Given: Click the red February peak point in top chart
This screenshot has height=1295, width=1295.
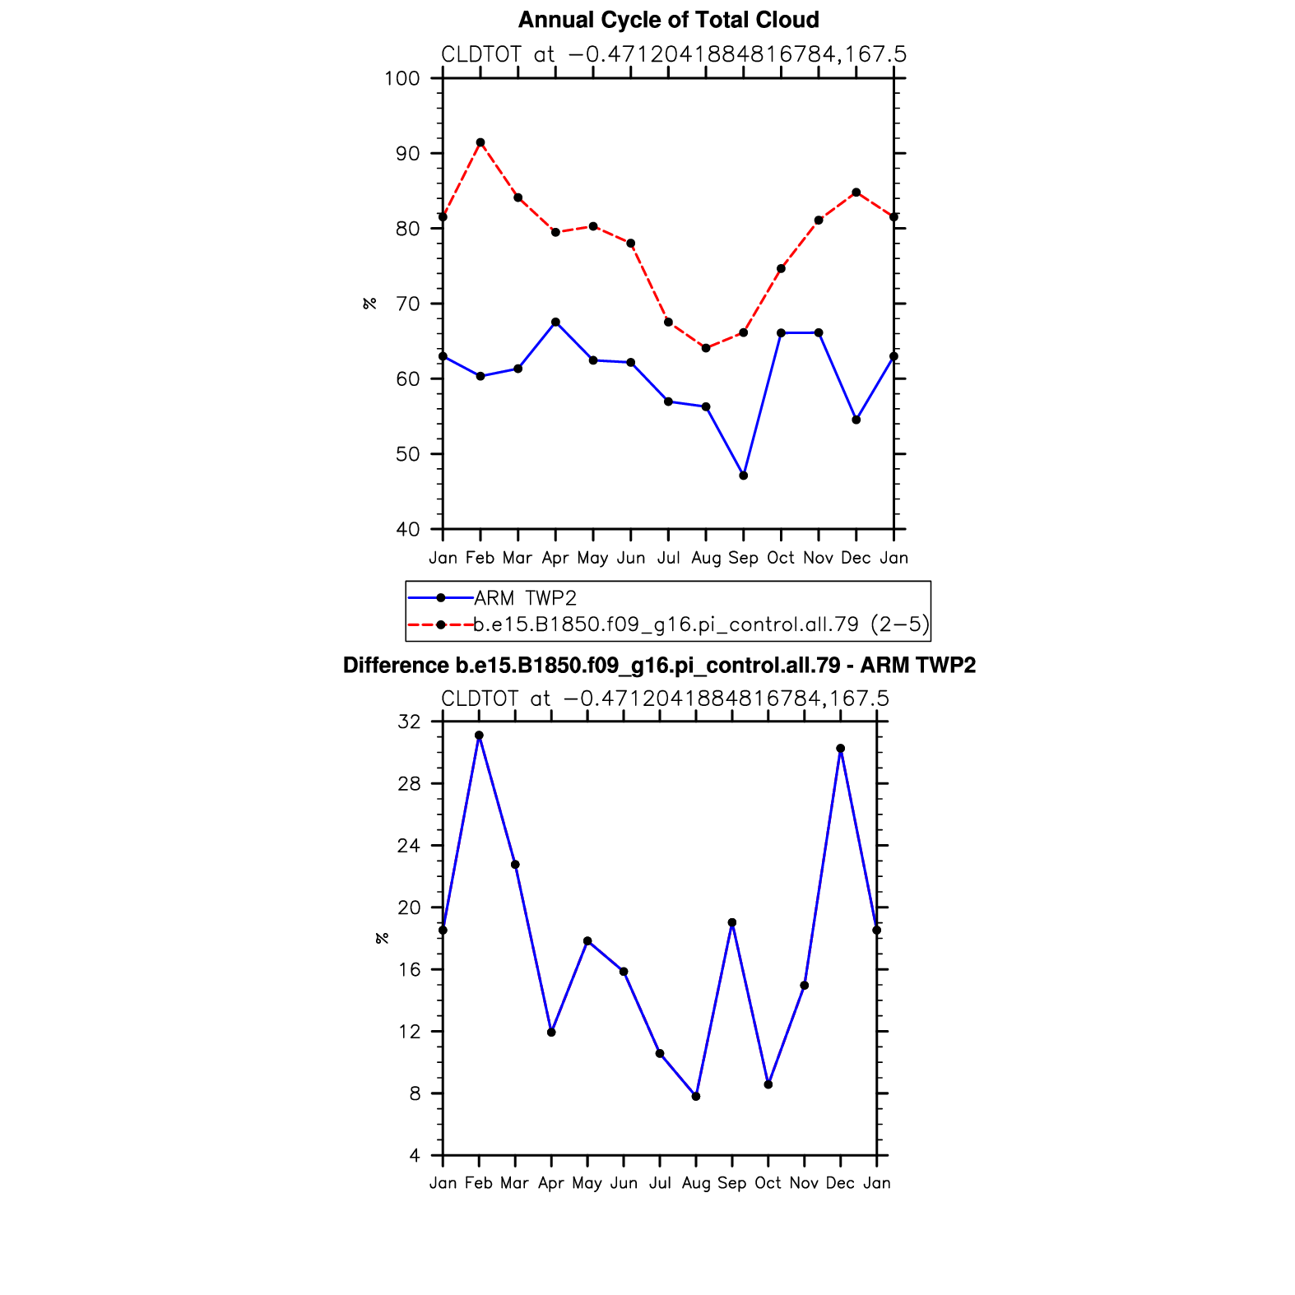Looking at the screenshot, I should [480, 142].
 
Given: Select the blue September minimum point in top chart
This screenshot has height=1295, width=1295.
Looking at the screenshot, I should [744, 476].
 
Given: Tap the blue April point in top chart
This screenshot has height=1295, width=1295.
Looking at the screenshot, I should [556, 322].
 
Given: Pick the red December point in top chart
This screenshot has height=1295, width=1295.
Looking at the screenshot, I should [856, 193].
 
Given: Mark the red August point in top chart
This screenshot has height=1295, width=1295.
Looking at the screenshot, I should [706, 348].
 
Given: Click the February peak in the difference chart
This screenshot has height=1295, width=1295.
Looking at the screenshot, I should [479, 736].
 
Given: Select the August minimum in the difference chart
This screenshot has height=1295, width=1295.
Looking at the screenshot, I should [696, 1097].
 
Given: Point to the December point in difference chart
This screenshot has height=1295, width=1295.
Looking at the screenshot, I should [840, 749].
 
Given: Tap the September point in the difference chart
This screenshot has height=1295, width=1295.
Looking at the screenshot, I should [732, 922].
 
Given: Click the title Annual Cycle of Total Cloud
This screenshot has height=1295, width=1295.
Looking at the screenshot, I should [668, 20].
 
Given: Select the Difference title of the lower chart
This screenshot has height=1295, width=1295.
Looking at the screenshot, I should [659, 666].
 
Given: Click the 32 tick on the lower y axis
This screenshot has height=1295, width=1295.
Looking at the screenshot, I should [409, 722].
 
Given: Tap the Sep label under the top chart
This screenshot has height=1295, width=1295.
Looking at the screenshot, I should [744, 558].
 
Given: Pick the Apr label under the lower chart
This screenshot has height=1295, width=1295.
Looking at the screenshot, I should [551, 1183].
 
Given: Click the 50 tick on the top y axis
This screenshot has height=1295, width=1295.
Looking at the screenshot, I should [407, 454].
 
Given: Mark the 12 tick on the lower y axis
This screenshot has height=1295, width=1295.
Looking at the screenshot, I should [409, 1032].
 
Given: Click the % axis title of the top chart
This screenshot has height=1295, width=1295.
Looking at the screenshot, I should [370, 304].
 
